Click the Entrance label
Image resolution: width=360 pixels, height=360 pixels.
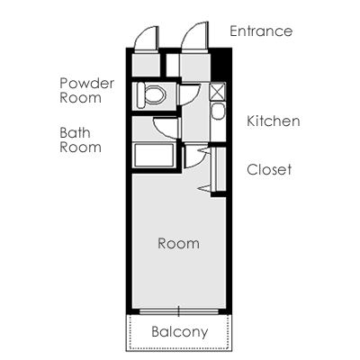(x=261, y=31)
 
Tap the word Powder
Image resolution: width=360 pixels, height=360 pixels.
(x=87, y=83)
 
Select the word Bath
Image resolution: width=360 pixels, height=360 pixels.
(x=75, y=133)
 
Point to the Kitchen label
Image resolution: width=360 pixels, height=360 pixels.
(x=274, y=121)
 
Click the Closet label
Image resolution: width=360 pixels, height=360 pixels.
(x=269, y=169)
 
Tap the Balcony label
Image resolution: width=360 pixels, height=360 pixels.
(x=180, y=332)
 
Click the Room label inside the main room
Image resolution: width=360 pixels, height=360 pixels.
(x=178, y=243)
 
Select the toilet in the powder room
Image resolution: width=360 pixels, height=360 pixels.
(x=151, y=95)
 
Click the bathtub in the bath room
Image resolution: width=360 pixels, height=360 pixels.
(x=154, y=156)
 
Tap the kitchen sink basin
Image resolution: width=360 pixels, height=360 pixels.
(x=218, y=112)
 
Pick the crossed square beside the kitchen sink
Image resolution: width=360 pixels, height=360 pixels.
(x=218, y=92)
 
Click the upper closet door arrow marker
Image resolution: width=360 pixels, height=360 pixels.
(x=203, y=150)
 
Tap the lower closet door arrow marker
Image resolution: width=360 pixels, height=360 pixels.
(x=204, y=188)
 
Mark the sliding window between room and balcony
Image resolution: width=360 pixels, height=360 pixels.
(x=179, y=311)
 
